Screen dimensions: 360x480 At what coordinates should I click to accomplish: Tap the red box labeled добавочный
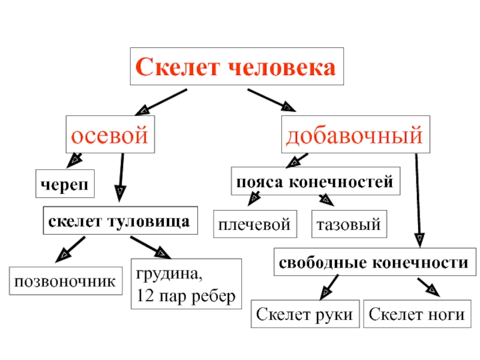pos(354,134)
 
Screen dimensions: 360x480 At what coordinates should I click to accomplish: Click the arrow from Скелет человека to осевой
pos(161,101)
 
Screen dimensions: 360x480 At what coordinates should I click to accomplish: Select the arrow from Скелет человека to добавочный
pos(271,100)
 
